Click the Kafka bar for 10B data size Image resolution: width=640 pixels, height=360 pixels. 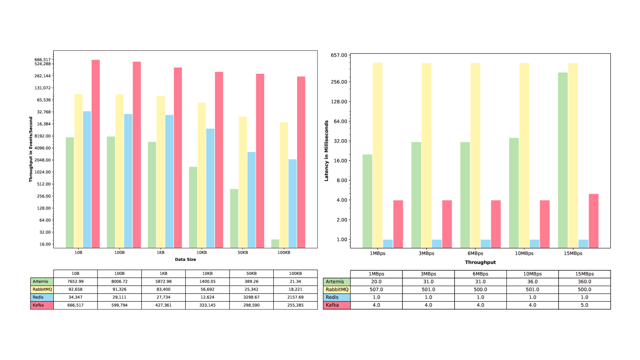(96, 154)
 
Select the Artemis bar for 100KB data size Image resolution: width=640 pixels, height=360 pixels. (275, 244)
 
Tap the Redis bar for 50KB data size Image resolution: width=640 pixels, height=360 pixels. (252, 200)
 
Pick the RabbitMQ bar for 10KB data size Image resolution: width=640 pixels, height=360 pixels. (202, 175)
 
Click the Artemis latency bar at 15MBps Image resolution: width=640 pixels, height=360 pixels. (563, 160)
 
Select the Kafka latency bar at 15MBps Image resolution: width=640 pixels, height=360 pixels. (593, 221)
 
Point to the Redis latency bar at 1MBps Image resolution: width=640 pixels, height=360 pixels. (388, 244)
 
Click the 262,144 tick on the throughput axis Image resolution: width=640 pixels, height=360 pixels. (42, 76)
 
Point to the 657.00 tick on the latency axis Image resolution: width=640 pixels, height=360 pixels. (338, 55)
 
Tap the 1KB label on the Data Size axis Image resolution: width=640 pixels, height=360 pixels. (160, 252)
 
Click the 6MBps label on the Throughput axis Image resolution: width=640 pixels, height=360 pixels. (475, 253)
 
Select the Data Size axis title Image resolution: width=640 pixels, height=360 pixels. (185, 260)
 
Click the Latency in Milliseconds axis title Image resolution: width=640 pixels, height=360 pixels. (327, 151)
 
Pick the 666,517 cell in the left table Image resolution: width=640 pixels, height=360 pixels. (75, 305)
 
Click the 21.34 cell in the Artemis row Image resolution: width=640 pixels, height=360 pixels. (295, 282)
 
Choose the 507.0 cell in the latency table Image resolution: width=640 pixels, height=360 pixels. (376, 290)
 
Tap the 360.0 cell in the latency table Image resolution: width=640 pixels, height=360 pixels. (584, 282)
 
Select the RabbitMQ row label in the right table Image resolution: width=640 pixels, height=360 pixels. (337, 290)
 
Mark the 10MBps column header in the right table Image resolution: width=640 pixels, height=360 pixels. (532, 274)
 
